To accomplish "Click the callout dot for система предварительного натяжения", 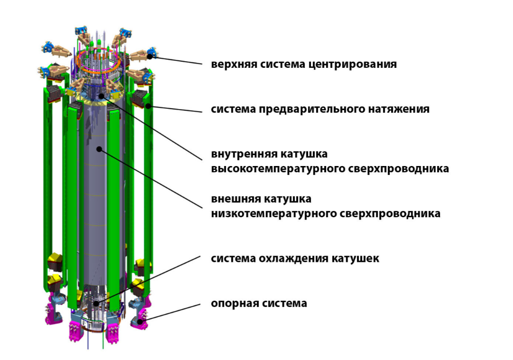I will click(x=148, y=106).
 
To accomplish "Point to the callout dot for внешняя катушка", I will click(x=99, y=149).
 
